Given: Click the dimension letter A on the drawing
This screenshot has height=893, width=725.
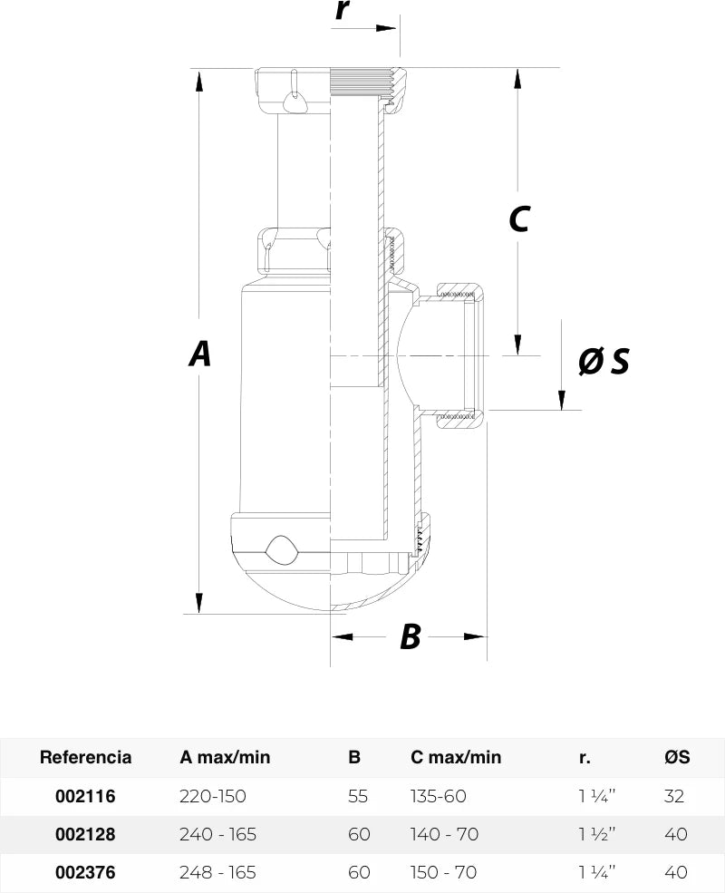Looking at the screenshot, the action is tap(199, 353).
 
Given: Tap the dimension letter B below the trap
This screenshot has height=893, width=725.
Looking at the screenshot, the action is tap(411, 636).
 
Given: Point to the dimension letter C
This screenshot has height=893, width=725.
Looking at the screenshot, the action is tap(519, 218).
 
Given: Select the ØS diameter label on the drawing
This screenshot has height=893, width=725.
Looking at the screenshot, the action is tap(604, 361).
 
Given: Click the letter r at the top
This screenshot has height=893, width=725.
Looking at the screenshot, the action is tap(342, 10).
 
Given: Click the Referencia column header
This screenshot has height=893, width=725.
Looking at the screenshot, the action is tap(85, 757).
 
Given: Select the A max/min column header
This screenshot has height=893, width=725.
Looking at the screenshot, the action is tap(225, 757).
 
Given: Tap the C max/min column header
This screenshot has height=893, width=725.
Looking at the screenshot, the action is tap(456, 757).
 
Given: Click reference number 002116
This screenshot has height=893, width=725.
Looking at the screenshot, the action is tap(85, 796).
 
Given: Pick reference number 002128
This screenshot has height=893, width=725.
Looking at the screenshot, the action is tap(85, 834).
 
